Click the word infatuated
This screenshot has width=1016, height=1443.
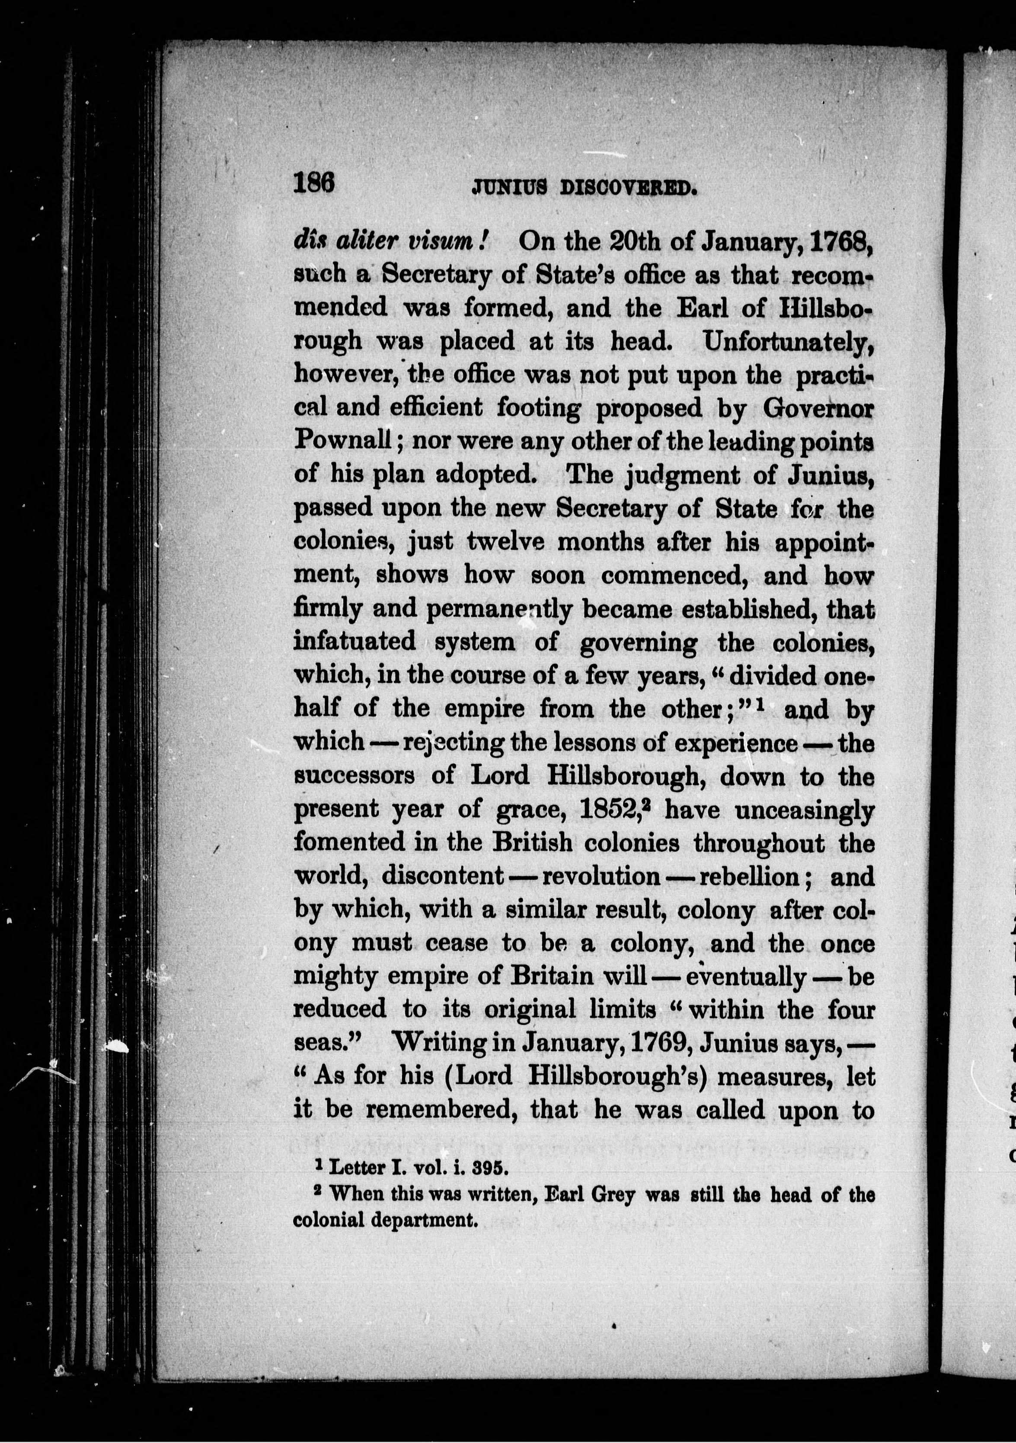(355, 641)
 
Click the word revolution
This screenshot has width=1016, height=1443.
(600, 876)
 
